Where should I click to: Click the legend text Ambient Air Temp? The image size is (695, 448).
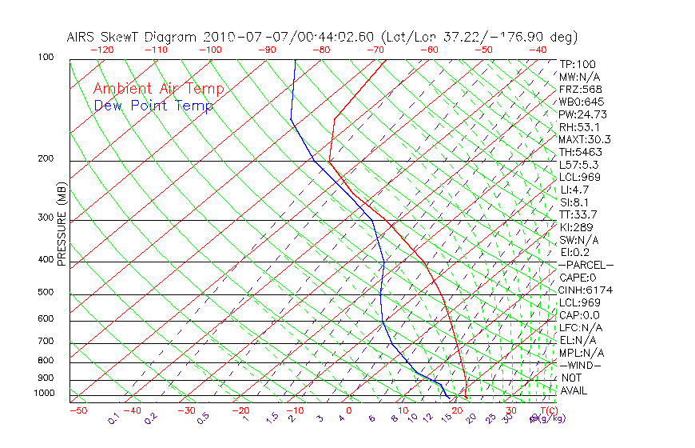(x=158, y=89)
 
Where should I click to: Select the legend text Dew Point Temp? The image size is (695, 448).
(x=153, y=106)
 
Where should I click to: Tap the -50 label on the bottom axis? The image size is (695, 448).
(x=77, y=411)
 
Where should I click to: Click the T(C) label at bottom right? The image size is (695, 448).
(x=542, y=411)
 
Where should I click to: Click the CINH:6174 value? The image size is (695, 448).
(x=586, y=290)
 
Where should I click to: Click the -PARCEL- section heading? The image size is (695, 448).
(x=586, y=265)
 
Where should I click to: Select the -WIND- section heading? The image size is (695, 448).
(x=581, y=365)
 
